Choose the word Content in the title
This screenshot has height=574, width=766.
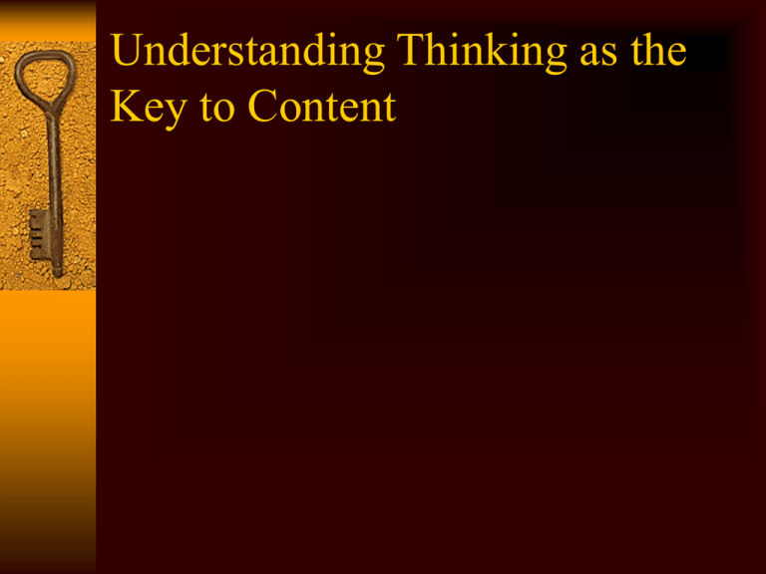[321, 106]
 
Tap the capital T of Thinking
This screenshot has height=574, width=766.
[411, 50]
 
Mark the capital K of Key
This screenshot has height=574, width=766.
[127, 106]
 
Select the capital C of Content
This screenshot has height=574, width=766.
[262, 106]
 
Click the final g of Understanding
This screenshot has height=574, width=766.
[374, 60]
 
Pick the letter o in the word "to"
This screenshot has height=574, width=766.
[224, 112]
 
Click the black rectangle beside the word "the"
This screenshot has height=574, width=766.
[706, 52]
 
